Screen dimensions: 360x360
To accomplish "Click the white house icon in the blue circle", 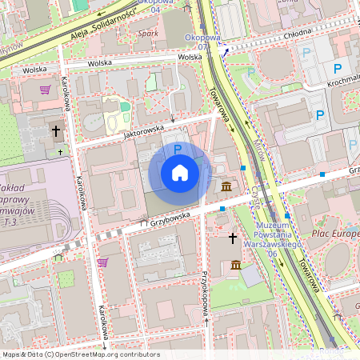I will (180, 173).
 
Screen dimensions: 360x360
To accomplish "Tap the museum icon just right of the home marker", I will (227, 187).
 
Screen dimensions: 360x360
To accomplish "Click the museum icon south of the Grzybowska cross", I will (235, 265).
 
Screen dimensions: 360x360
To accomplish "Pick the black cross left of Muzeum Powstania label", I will (233, 238).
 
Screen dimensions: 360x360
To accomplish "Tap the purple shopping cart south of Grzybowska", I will (102, 262).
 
